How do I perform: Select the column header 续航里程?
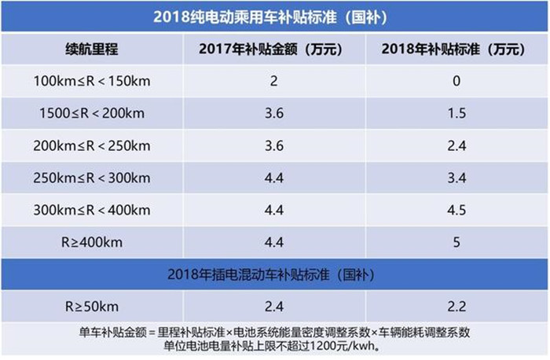(91, 49)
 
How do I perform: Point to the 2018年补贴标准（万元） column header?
(452, 49)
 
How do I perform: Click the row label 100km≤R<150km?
(91, 81)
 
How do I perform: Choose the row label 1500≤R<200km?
(91, 113)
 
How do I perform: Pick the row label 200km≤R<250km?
(91, 145)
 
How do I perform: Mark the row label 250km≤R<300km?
(91, 178)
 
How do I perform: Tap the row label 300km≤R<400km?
(91, 210)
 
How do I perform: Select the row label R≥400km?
(91, 242)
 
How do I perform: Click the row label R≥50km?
(91, 307)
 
